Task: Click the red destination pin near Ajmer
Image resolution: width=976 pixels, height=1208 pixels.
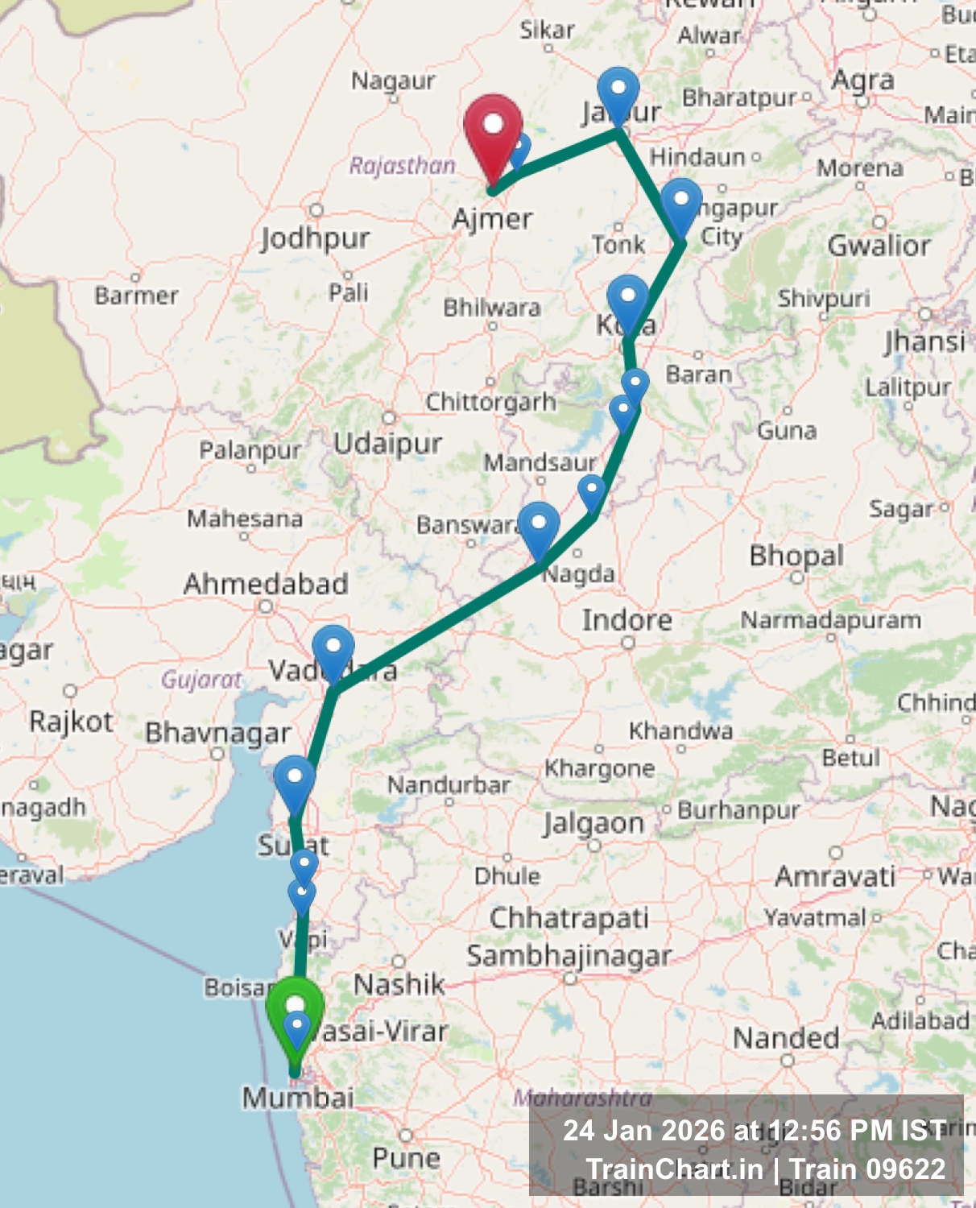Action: [x=493, y=129]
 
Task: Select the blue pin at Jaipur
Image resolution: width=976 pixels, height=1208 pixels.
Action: [x=618, y=90]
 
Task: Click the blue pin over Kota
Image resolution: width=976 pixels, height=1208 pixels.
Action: [x=628, y=299]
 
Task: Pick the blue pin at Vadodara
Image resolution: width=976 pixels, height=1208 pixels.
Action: [x=333, y=649]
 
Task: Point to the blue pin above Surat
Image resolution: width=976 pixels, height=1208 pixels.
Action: [x=295, y=780]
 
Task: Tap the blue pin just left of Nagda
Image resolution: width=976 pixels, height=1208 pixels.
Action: [x=539, y=527]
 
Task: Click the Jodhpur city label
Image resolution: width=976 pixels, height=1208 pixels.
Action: [x=315, y=238]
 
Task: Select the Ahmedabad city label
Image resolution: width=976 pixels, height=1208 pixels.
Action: [x=266, y=584]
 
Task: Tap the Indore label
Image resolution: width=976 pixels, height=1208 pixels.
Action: [x=627, y=620]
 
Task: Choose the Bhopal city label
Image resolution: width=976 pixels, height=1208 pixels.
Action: [x=796, y=556]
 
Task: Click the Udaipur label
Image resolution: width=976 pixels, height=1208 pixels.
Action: [x=388, y=444]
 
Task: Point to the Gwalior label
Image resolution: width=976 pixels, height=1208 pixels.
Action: [x=879, y=245]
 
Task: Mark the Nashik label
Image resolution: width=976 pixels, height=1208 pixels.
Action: [x=399, y=984]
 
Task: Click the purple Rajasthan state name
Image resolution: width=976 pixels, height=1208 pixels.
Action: [x=403, y=166]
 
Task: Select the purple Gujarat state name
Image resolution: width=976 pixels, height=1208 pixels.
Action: [x=201, y=680]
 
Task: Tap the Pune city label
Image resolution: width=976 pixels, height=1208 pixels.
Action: [x=406, y=1158]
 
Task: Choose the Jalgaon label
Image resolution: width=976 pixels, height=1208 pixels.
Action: [x=593, y=824]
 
